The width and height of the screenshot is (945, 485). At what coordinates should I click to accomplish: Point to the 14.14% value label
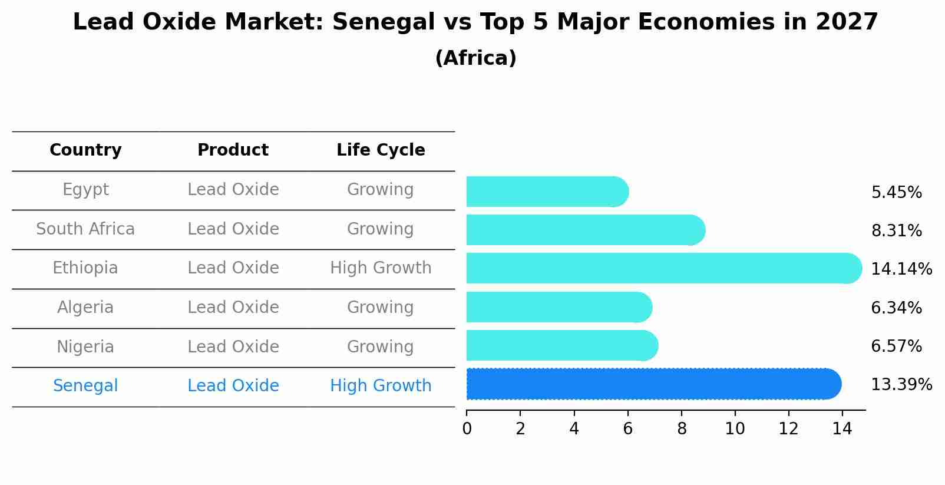901,269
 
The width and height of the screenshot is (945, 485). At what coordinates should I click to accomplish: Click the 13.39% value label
901,385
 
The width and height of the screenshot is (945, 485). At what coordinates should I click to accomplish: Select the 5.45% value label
896,193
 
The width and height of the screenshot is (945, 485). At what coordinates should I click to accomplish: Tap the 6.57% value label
896,347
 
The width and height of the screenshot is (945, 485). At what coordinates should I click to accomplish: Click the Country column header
85,150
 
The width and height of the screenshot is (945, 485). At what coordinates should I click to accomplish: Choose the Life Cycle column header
381,150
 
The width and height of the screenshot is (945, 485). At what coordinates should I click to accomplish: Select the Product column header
233,150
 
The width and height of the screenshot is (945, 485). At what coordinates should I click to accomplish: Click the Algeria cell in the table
85,308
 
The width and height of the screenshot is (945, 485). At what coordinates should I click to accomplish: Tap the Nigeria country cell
85,347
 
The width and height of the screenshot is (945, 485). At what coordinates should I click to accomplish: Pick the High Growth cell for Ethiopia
381,268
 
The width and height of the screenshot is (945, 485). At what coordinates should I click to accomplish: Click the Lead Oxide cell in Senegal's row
233,386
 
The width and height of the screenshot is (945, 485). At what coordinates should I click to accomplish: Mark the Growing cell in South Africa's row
381,229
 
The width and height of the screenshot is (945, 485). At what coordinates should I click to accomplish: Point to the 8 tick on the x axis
682,429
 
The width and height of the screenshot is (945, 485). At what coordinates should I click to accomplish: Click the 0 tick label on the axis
467,429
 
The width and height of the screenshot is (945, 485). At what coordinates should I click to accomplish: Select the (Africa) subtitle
475,58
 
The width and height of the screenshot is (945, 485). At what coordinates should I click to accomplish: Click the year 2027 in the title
847,22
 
